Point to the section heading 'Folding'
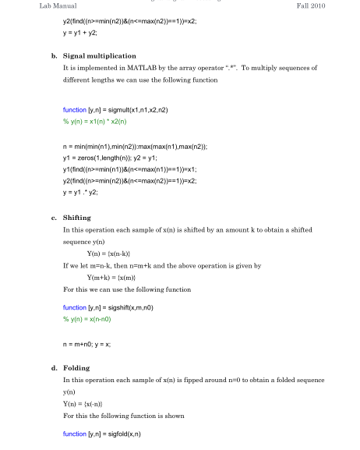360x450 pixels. [x=76, y=367]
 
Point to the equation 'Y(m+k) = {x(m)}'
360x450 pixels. [x=115, y=277]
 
